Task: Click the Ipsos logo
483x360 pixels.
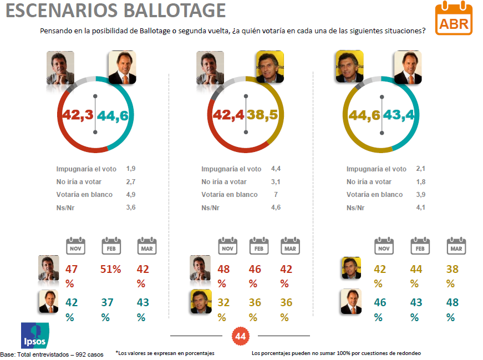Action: pyautogui.click(x=35, y=336)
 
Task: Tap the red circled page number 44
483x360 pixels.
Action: pyautogui.click(x=240, y=336)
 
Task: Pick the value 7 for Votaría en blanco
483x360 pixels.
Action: pyautogui.click(x=275, y=195)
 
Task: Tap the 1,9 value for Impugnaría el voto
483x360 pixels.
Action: pyautogui.click(x=130, y=169)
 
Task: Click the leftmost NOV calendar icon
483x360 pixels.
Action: pyautogui.click(x=76, y=246)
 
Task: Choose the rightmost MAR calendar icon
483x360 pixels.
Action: pyautogui.click(x=456, y=246)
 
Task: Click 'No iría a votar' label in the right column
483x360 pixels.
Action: pyautogui.click(x=369, y=181)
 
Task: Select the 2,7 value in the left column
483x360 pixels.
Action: pyautogui.click(x=130, y=181)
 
